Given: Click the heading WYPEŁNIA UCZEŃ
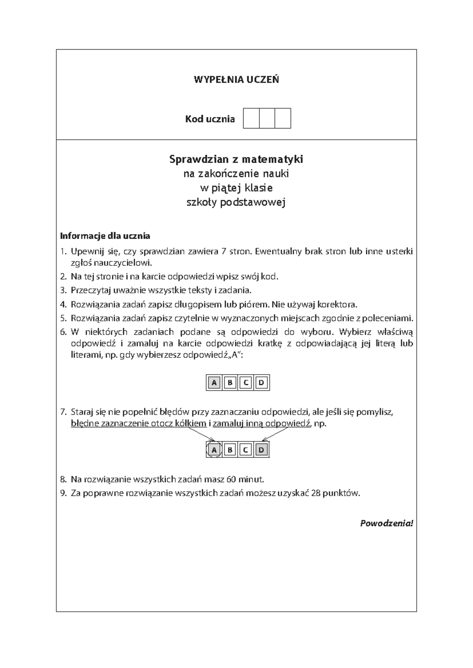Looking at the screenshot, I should [236, 80].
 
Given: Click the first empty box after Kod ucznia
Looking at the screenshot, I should [251, 119].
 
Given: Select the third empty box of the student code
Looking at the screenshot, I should [283, 119].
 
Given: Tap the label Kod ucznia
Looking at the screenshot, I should [210, 119].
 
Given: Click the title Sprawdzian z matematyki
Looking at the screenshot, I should [236, 160].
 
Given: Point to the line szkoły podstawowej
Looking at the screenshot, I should [236, 202].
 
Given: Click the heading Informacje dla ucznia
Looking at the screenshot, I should [105, 236].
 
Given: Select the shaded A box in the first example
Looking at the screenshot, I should [214, 382].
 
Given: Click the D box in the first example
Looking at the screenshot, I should [261, 382].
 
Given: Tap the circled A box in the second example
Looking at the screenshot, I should [214, 450].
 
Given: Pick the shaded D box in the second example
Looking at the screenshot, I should [261, 450].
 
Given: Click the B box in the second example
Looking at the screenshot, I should [230, 450].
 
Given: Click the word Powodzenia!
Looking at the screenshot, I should [386, 523].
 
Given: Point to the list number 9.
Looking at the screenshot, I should [63, 493].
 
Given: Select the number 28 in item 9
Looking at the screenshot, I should [315, 493].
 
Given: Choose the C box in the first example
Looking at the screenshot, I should [246, 382].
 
